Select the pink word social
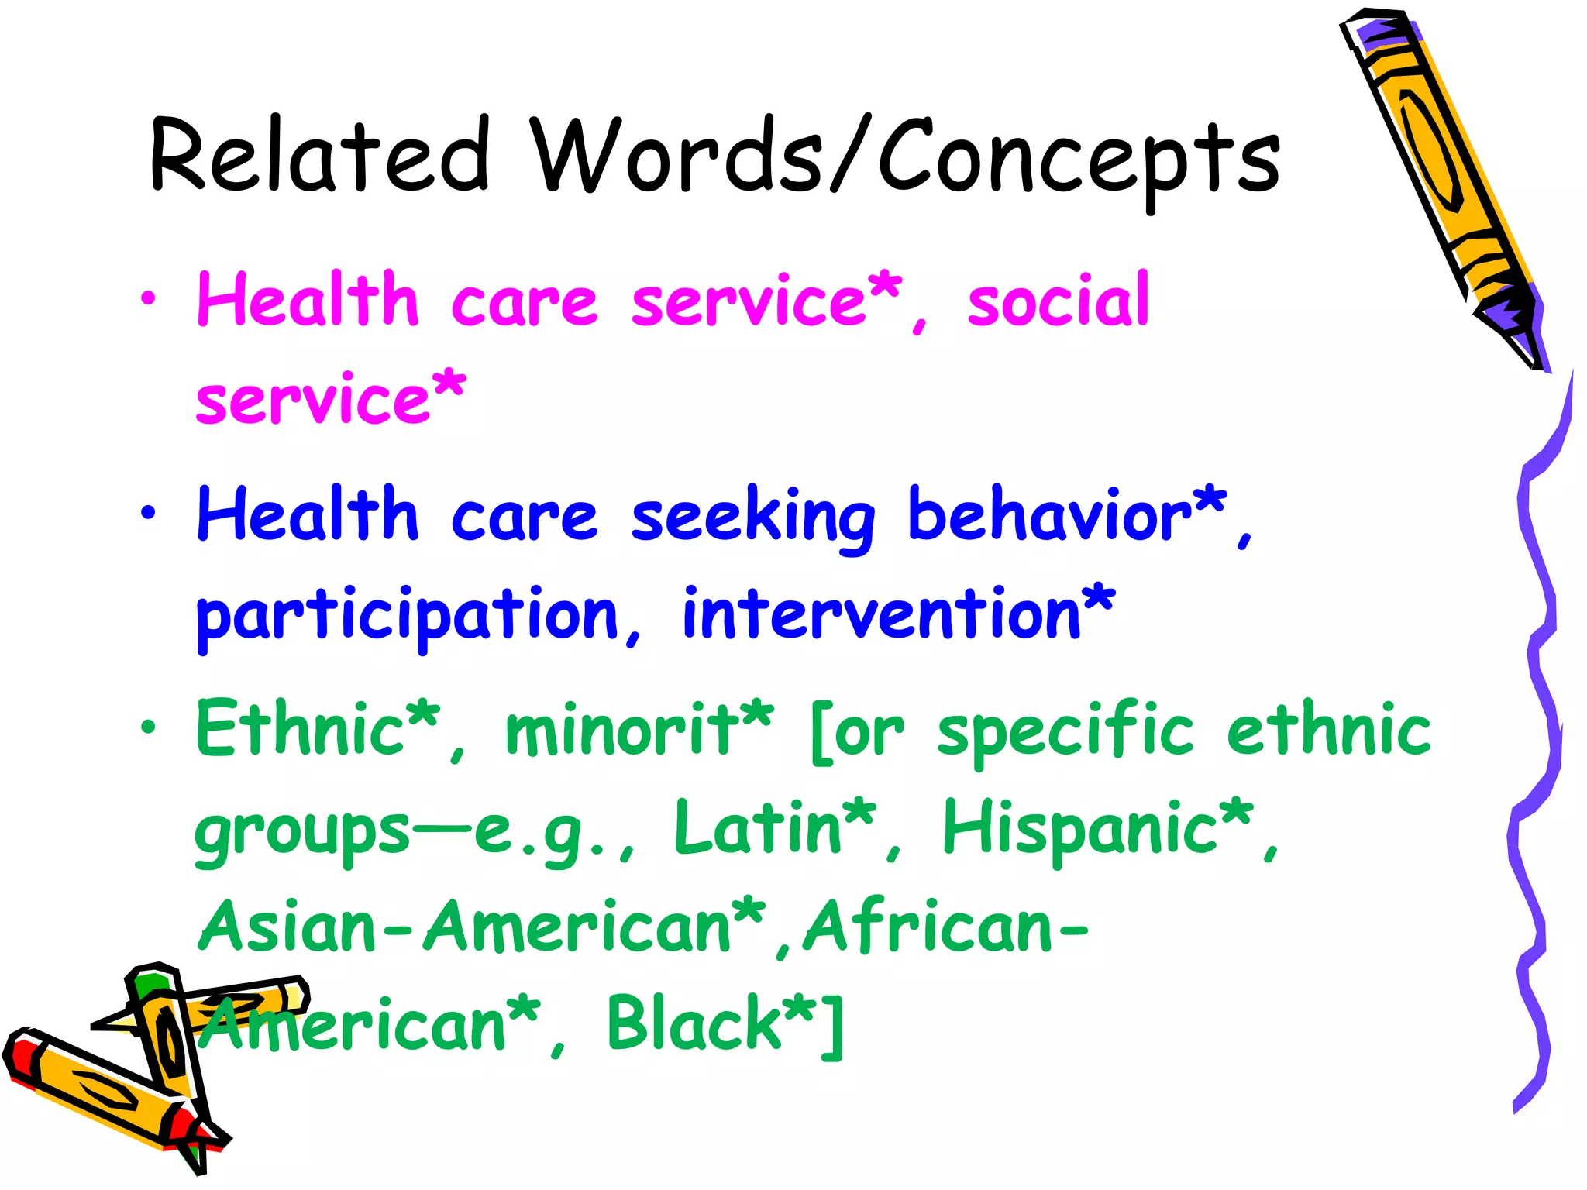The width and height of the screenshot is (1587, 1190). pos(1058,301)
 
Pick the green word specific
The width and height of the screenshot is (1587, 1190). pos(1065,732)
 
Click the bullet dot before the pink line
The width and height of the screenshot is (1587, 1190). pos(148,299)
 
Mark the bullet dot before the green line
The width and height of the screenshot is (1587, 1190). pos(148,727)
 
